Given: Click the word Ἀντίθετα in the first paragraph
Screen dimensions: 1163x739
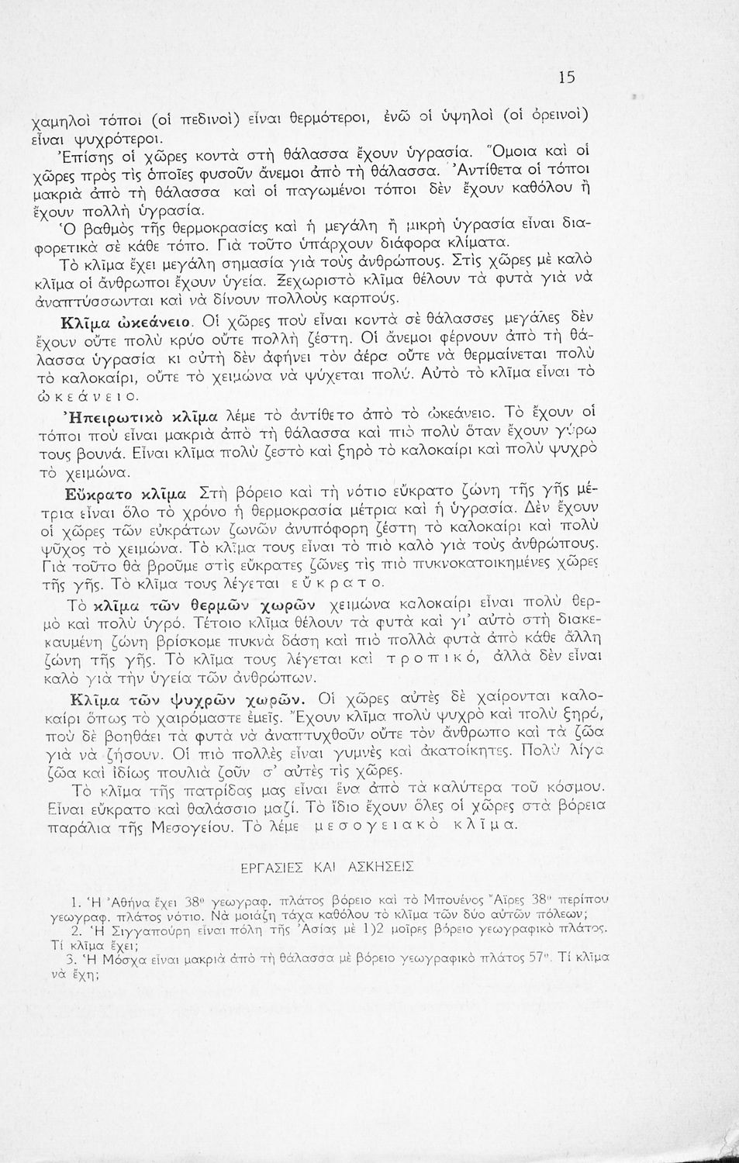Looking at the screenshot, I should [513, 165].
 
